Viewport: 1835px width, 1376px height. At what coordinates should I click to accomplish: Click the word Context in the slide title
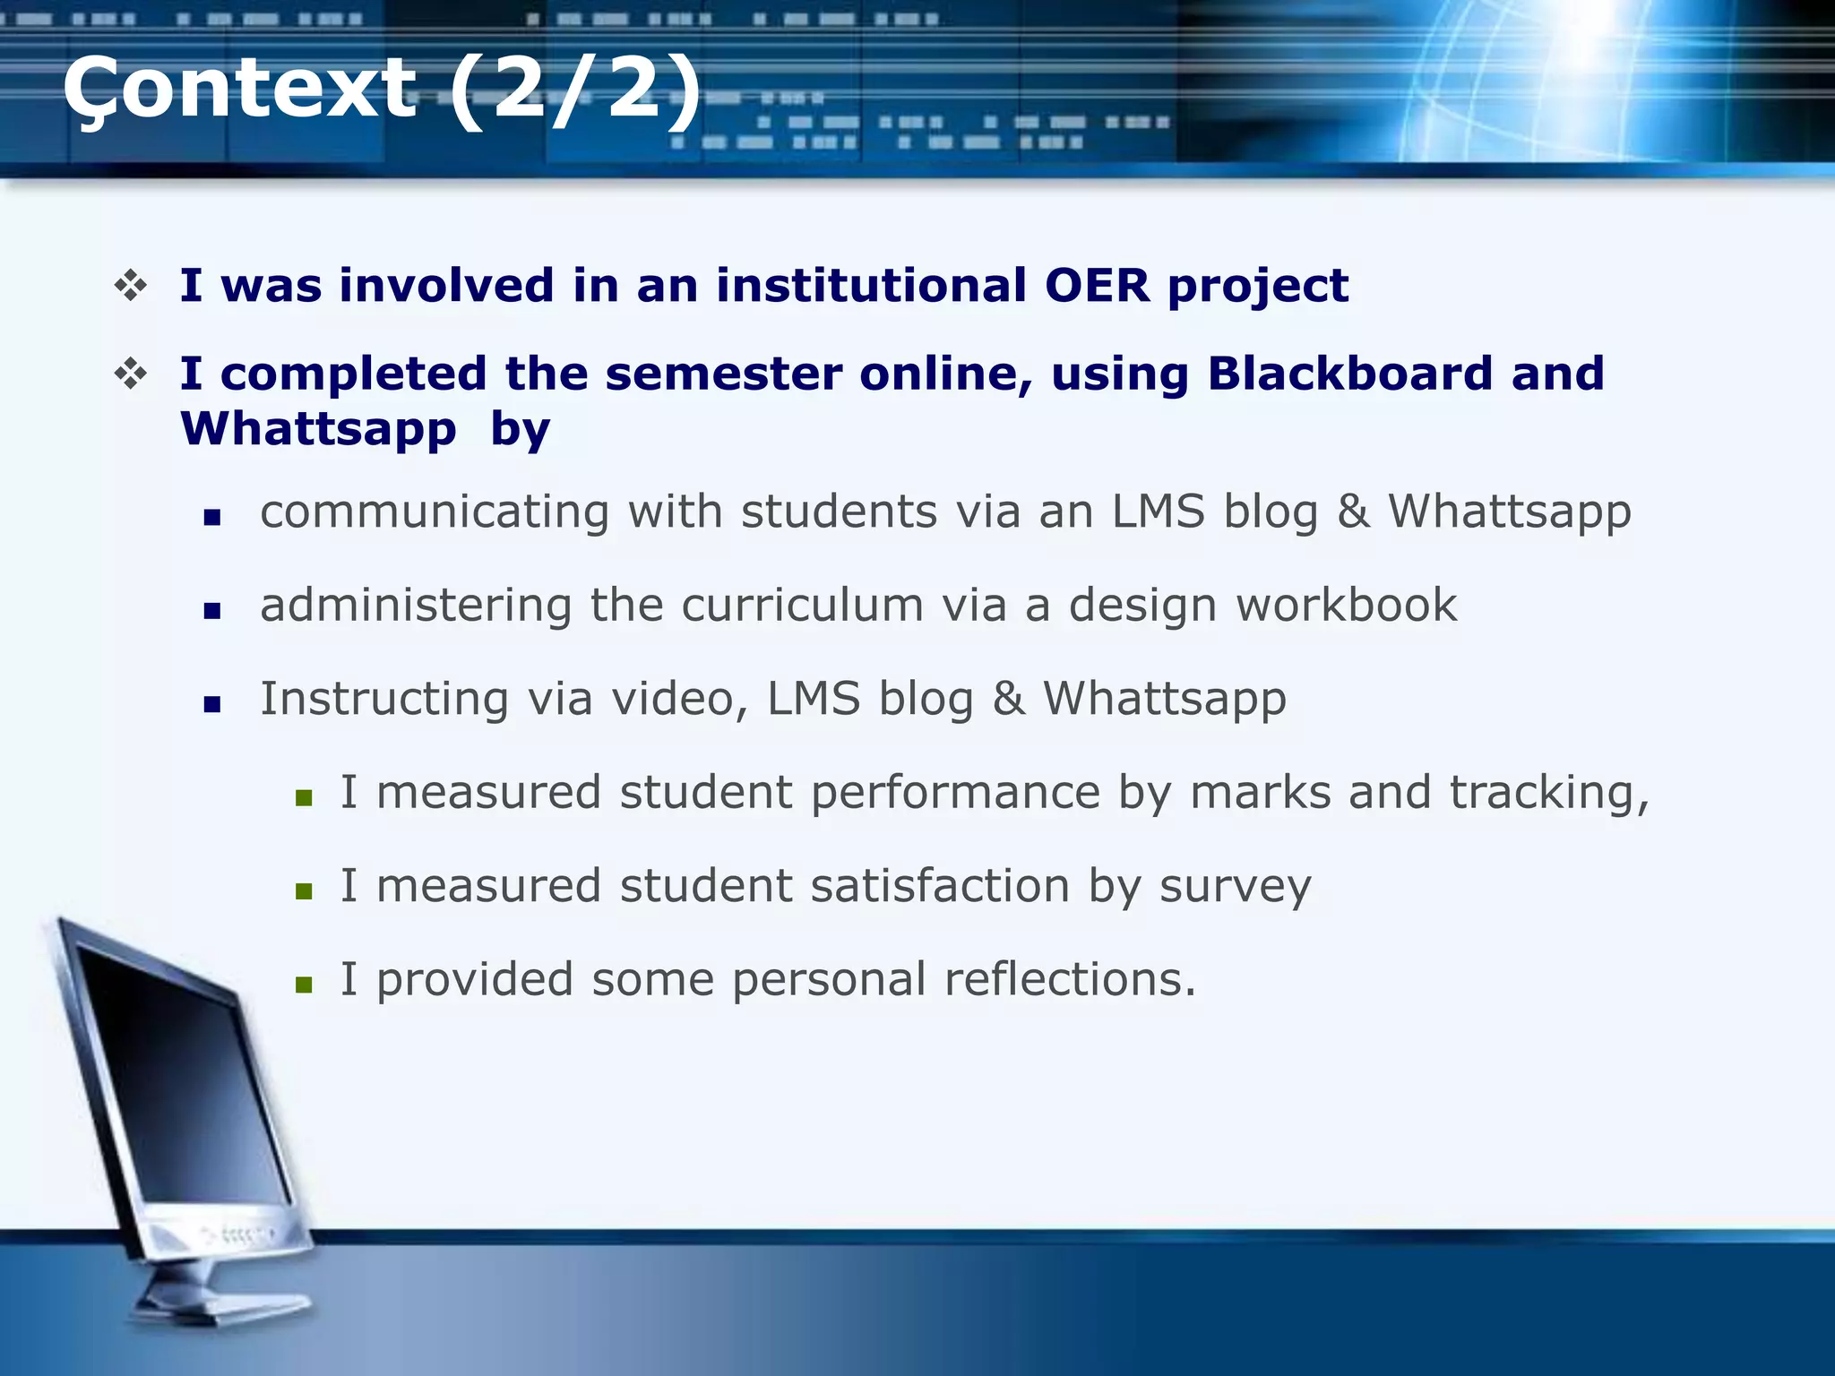pyautogui.click(x=239, y=88)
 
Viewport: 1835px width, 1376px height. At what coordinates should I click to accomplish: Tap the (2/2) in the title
pyautogui.click(x=574, y=88)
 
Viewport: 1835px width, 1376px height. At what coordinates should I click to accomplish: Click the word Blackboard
pyautogui.click(x=1349, y=374)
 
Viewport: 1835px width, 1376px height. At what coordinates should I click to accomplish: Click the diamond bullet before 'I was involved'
pyautogui.click(x=131, y=286)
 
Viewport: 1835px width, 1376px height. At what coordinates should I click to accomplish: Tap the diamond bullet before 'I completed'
pyautogui.click(x=131, y=374)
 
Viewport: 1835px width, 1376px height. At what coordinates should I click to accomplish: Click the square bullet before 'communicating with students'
pyautogui.click(x=212, y=517)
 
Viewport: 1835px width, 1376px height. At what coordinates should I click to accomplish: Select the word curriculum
pyautogui.click(x=802, y=605)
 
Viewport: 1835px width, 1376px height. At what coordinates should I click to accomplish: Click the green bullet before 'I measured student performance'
pyautogui.click(x=304, y=797)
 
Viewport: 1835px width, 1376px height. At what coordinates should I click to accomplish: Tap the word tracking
pyautogui.click(x=1547, y=793)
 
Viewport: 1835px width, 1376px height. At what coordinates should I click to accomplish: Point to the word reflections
pyautogui.click(x=1069, y=979)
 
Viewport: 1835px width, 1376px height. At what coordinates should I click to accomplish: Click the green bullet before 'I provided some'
pyautogui.click(x=304, y=985)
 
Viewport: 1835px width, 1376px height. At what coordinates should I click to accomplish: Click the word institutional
pyautogui.click(x=870, y=286)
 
